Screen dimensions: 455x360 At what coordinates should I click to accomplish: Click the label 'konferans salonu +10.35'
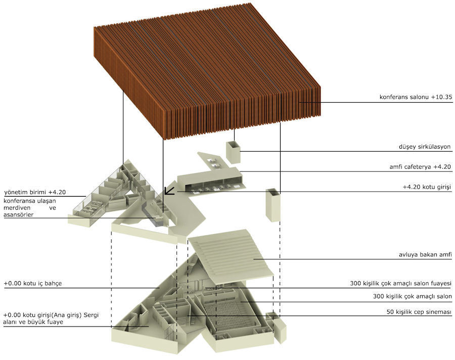coord(416,97)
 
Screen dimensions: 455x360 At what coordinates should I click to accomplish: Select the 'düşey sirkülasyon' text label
coord(425,147)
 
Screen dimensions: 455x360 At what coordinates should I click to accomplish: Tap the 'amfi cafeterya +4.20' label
coord(420,167)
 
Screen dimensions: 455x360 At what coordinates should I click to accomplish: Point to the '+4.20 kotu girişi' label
coord(427,187)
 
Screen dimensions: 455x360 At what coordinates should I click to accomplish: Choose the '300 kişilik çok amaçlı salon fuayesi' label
coord(401,283)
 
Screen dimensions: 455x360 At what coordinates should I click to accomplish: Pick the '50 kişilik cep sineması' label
coord(419,312)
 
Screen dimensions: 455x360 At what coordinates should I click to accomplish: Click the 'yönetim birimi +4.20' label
coord(35,192)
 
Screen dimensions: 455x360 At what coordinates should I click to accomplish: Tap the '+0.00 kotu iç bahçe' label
coord(33,283)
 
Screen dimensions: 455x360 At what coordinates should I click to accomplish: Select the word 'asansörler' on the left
coord(18,215)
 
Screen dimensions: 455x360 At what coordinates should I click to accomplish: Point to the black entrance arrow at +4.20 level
coord(169,191)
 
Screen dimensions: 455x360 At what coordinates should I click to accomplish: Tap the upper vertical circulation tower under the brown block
coord(233,153)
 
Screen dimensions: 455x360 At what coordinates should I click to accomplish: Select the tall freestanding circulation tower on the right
coord(273,205)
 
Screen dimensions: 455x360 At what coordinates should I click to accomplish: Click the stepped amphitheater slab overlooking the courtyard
coord(231,257)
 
